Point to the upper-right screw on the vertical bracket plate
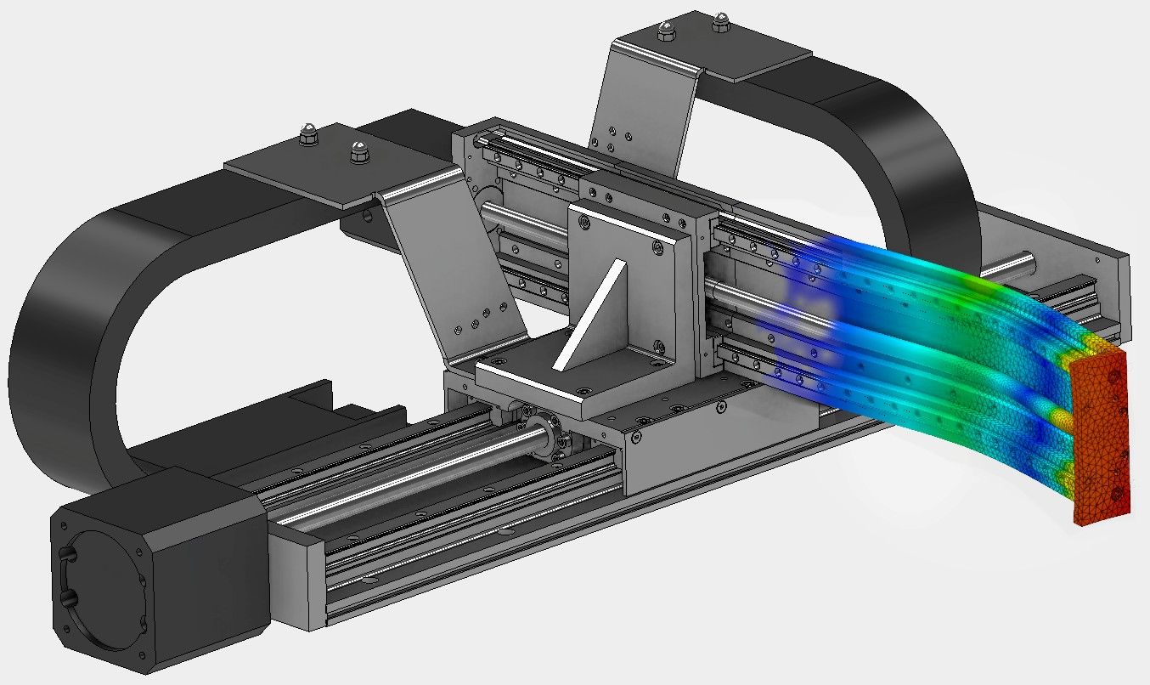(x=657, y=247)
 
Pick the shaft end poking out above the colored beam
(x=1019, y=261)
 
